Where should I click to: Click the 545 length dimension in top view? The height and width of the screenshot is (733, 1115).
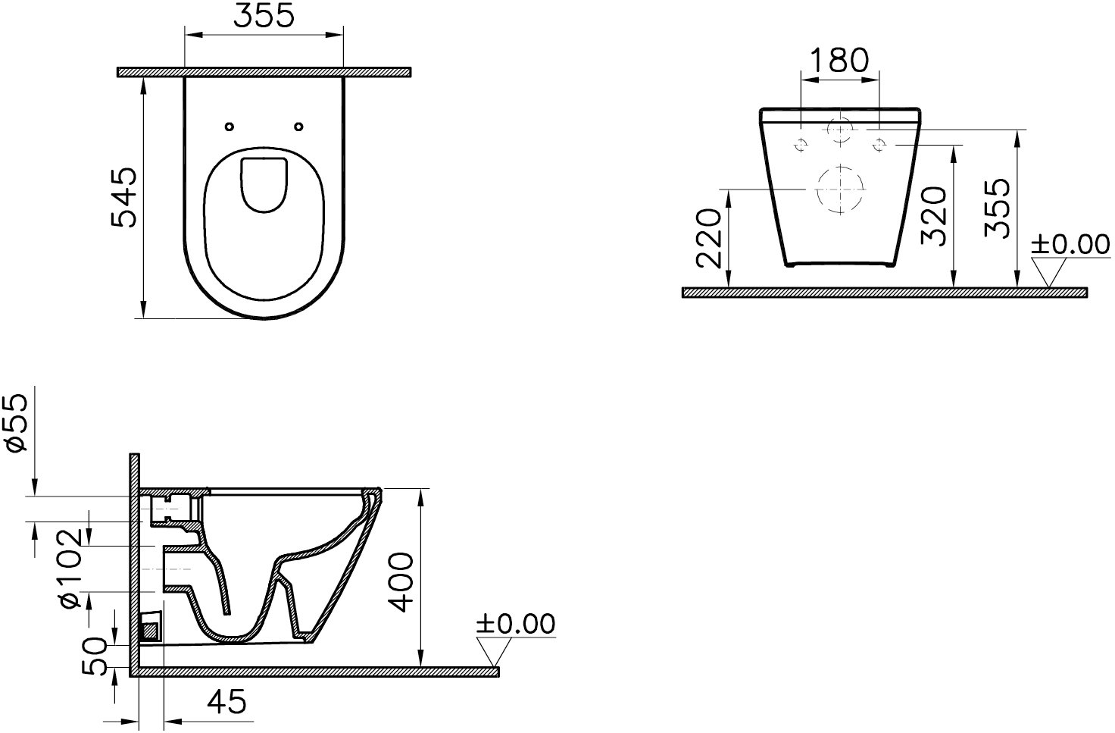coord(123,197)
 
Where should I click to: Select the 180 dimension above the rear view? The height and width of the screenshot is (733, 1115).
coord(839,60)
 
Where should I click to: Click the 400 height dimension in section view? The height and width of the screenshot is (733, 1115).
coord(401,581)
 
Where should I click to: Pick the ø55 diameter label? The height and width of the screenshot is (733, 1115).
coord(16,423)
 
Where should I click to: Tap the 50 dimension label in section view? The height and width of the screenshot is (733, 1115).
coord(95,656)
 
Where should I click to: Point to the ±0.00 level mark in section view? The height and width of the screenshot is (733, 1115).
coord(515,624)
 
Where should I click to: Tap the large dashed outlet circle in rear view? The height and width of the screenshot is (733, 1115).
coord(840,189)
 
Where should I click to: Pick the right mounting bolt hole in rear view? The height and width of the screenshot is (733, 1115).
coord(879,143)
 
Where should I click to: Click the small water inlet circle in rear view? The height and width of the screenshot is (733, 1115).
coord(840,130)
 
